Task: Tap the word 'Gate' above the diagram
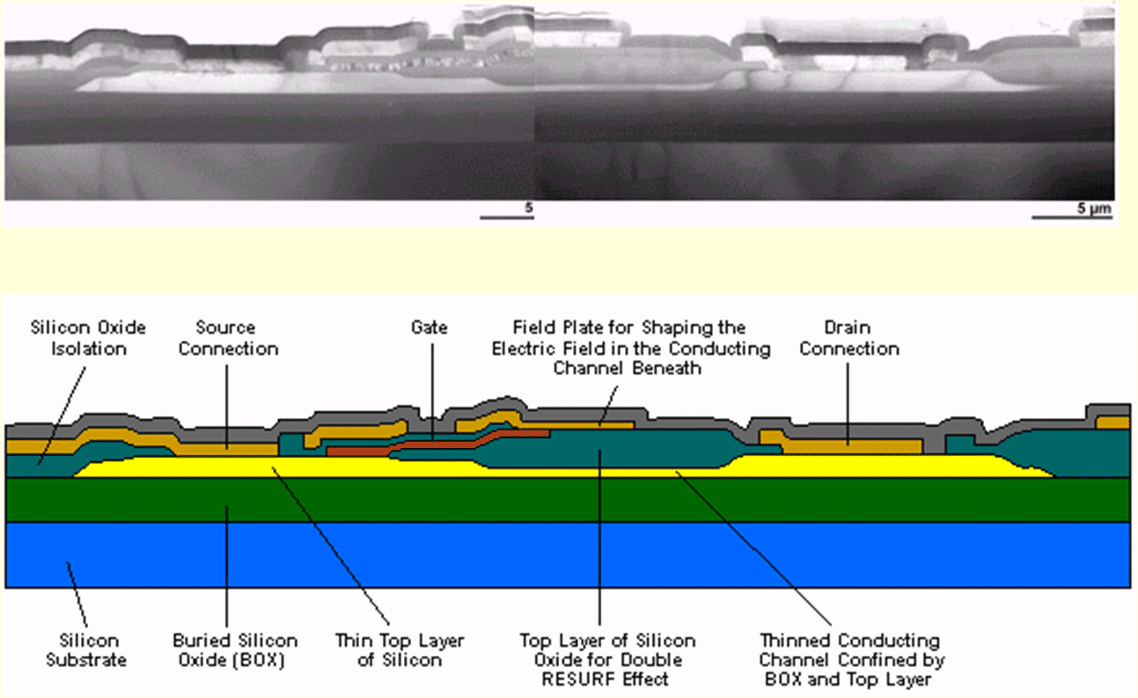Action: (430, 327)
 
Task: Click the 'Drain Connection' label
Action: (849, 338)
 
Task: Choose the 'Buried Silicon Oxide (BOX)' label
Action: (235, 650)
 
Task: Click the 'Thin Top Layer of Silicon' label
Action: (400, 650)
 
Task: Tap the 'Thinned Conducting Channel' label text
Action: (849, 650)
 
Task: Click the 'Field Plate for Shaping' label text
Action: (631, 328)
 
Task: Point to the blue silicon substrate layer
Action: (563, 555)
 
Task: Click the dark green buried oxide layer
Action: (563, 499)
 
